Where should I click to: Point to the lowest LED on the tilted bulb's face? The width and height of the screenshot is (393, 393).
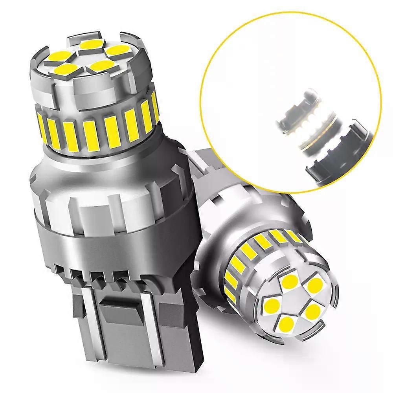pyautogui.click(x=287, y=323)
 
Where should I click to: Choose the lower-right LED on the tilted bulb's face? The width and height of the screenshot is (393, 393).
pyautogui.click(x=313, y=312)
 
